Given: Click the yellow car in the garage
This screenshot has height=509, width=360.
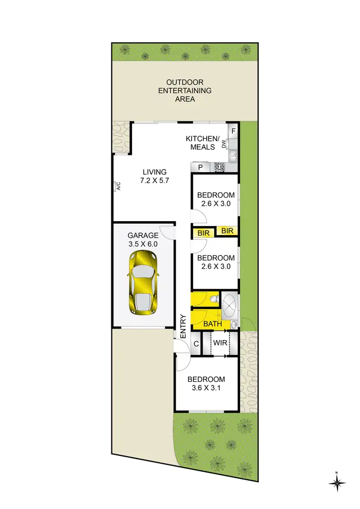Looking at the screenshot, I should coord(143,283).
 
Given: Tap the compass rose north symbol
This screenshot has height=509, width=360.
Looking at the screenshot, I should coord(337,482).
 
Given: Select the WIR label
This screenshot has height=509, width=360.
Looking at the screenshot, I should coord(220,343).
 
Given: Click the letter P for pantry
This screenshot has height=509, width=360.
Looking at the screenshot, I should coord(200,167).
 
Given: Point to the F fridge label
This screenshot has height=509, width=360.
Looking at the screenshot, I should coord(233,130).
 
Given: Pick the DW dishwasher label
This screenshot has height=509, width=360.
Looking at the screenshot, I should coord(224,143).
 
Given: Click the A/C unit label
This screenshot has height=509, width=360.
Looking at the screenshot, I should coord(117,186).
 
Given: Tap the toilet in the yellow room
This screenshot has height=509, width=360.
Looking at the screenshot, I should coord(214,300).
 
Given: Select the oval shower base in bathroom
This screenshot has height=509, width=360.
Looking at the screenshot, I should coord(229,304).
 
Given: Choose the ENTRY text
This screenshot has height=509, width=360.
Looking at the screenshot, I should coord(183,326).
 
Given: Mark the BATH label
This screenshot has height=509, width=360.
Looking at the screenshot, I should coord(213,324).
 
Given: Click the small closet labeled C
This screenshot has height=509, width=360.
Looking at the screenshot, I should coord(196,343).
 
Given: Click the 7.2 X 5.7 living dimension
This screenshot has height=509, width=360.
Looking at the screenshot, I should coord(154,181).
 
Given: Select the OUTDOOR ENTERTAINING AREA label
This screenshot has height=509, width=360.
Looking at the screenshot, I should coord(185,91).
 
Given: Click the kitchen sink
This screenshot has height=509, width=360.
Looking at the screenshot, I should coord(233,155).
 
